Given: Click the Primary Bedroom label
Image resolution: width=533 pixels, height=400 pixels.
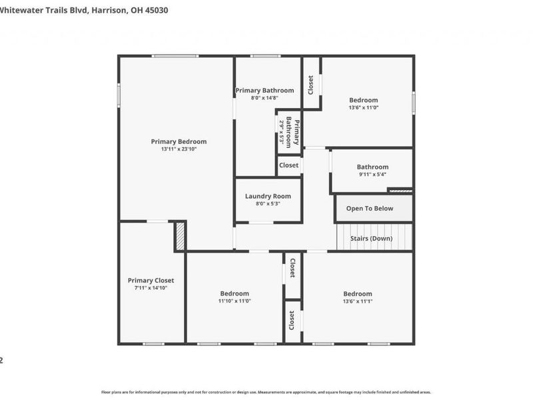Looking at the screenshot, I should coord(179,141).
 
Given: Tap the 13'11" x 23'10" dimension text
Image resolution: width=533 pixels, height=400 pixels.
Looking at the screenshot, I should coord(179,149).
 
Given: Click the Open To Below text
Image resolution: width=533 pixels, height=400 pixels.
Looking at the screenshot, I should coord(370,209).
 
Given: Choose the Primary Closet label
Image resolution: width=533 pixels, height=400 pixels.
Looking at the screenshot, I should coord(151,281).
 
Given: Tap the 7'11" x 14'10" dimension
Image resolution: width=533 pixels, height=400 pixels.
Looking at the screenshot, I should coord(151,289).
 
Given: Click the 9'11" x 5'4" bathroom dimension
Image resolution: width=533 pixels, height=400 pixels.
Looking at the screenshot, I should coord(372,175).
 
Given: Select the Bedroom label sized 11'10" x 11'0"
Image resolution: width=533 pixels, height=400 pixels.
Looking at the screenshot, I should coord(235,293).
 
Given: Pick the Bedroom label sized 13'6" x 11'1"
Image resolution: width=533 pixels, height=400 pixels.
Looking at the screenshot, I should coord(358,293).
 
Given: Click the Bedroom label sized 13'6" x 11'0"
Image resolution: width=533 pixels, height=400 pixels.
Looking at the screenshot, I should coord(363,100).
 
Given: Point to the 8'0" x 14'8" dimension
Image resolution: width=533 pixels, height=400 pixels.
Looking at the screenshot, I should coord(264,98).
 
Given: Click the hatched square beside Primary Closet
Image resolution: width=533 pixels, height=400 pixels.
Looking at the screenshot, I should coord(179,236).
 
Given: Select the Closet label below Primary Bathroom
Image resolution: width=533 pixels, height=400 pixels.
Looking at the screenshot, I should coord(288,165).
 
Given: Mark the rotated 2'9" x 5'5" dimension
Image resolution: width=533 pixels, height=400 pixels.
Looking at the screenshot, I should coord(282,131).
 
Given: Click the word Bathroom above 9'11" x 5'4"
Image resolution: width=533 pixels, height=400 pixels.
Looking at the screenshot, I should coord(372,167).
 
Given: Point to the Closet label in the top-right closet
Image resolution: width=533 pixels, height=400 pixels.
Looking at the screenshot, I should coord(310,84).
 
